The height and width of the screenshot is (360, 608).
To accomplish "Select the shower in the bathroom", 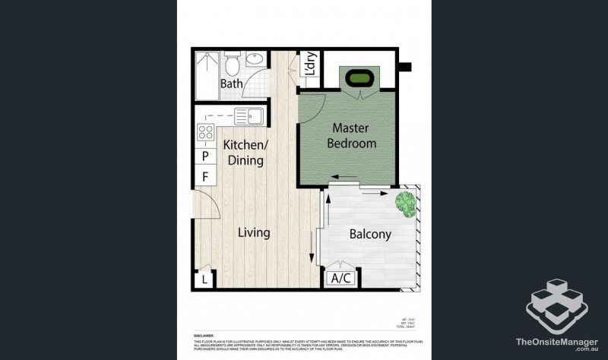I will point(205,76).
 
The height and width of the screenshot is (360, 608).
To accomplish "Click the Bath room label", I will point(232,84).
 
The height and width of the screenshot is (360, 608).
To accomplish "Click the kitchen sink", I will point(249,116).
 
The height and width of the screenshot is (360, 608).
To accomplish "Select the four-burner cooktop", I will point(205,134).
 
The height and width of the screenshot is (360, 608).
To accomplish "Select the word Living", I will point(253,232).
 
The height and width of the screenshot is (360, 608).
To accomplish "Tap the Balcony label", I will point(370,234).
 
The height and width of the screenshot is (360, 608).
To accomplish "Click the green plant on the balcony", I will point(406,203).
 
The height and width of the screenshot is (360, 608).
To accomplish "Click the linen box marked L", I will point(204,280).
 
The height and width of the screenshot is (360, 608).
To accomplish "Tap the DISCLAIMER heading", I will point(193,333).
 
